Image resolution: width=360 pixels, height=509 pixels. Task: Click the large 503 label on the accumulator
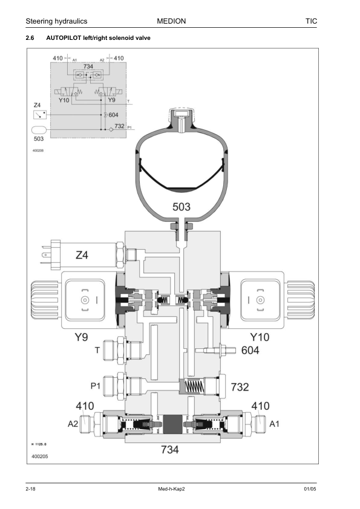pos(182,207)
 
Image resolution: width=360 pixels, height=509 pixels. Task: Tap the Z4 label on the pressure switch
pos(82,255)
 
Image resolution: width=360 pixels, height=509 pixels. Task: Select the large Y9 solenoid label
pos(81,337)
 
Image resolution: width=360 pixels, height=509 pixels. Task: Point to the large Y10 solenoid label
pos(260,337)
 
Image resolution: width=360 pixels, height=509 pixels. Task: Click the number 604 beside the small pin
pos(250,350)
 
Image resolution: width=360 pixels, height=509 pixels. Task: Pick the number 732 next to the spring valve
pos(240,387)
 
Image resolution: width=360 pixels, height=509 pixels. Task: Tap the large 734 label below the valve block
pos(170,450)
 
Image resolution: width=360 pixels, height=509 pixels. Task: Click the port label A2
pos(73,424)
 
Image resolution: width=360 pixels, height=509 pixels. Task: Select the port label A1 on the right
pos(274,424)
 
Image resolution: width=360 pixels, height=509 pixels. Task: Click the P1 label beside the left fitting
pos(95,386)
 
